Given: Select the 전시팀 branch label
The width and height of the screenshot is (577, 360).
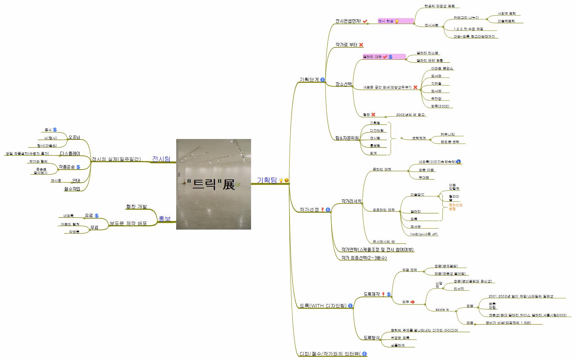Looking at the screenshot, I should click(x=161, y=159).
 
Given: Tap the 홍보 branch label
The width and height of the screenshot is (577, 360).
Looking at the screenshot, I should click(x=164, y=219).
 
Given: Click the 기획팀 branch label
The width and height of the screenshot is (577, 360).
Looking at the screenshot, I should click(x=267, y=180).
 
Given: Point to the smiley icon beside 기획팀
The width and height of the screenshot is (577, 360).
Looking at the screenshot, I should click(x=286, y=180).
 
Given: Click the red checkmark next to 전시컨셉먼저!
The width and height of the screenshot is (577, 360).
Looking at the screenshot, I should click(x=365, y=21).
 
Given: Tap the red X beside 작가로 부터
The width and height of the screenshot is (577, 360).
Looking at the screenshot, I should click(x=361, y=45).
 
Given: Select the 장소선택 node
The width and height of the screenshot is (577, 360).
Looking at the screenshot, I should click(x=343, y=84).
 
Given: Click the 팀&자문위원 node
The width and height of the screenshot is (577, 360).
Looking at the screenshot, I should click(x=347, y=138).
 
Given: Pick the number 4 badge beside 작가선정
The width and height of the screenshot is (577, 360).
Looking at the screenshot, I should click(x=328, y=209).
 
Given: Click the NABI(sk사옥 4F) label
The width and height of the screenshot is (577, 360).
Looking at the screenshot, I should click(x=424, y=234).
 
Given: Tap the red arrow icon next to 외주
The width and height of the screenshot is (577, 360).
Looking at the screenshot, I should click(x=412, y=302).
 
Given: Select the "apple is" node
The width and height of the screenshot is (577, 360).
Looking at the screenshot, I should click(x=442, y=310).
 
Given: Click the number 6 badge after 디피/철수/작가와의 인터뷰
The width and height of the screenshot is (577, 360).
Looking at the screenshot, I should click(x=364, y=353).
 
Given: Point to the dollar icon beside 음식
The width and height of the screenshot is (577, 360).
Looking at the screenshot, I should click(x=55, y=130).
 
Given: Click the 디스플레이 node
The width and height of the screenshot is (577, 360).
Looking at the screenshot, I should click(x=70, y=153).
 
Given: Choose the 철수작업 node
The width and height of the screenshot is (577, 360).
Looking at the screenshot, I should click(x=72, y=188).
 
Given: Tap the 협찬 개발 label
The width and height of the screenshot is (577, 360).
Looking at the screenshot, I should click(x=136, y=206).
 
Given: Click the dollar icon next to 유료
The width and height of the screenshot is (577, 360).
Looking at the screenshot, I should click(x=97, y=216).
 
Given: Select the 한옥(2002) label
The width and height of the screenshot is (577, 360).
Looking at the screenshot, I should click(x=440, y=106).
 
